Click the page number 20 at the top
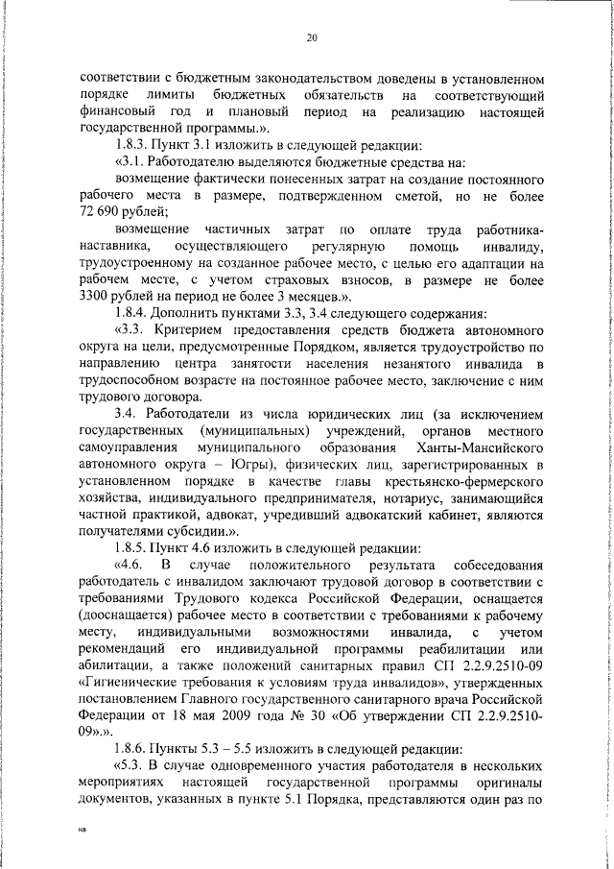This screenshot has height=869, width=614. [x=312, y=38]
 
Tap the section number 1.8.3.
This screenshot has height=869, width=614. [x=134, y=145]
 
